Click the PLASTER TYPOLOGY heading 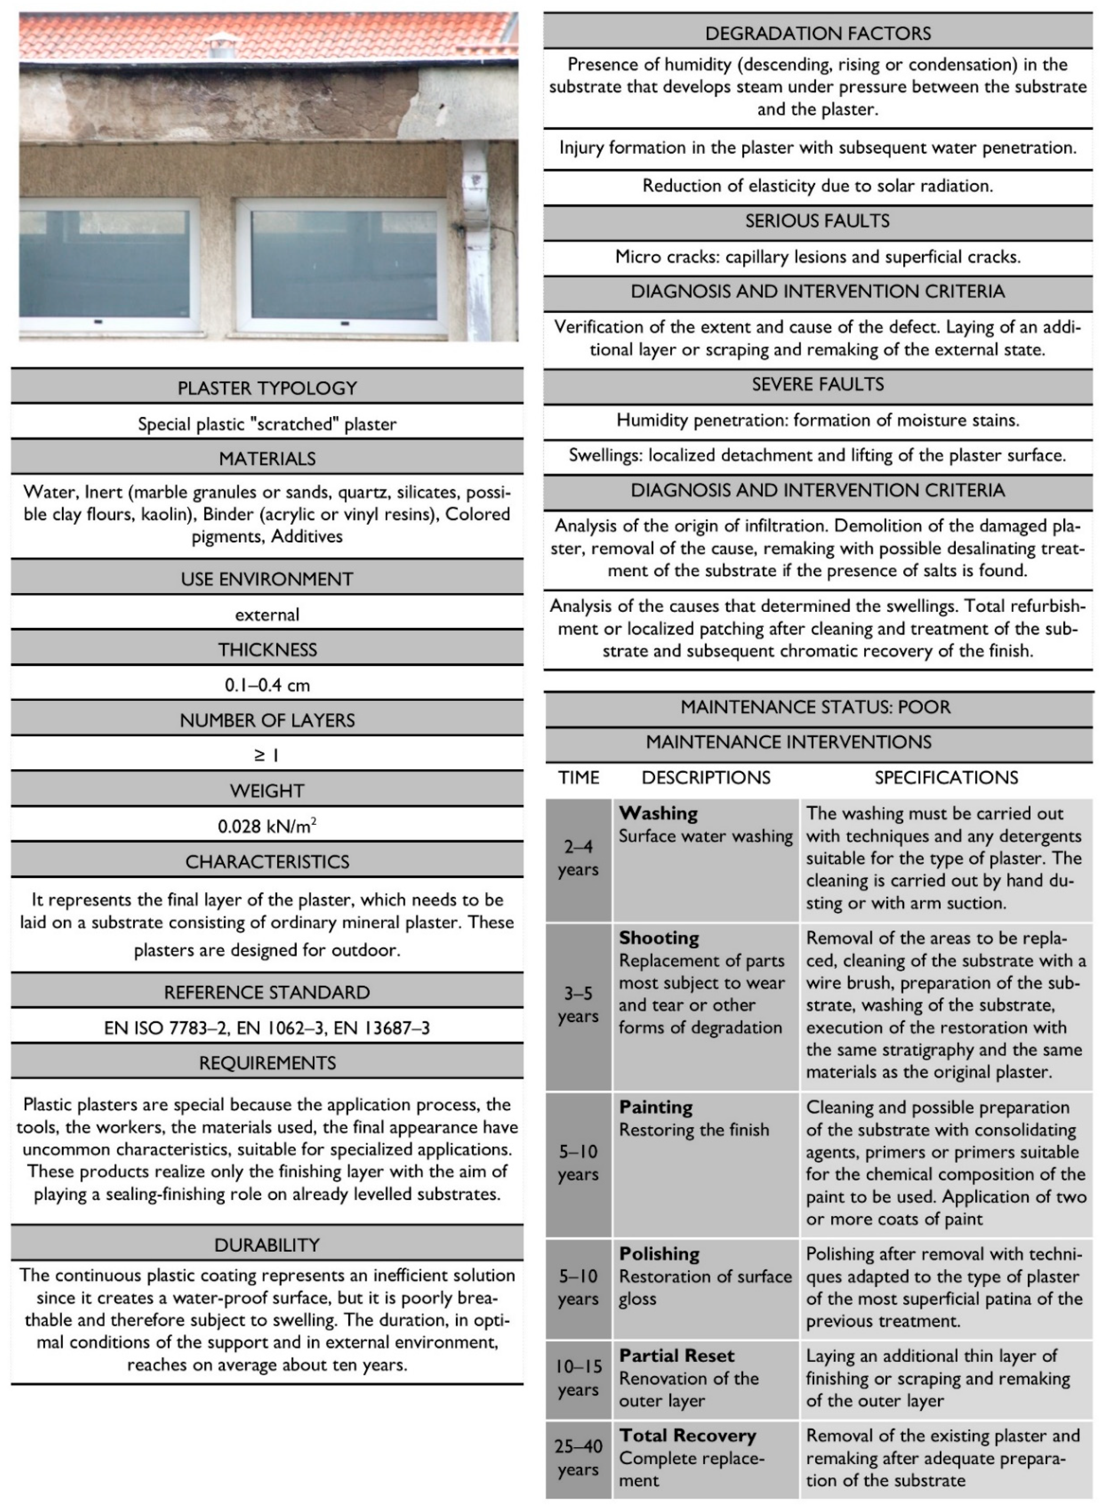pyautogui.click(x=267, y=388)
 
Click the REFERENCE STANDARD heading pyautogui.click(x=267, y=992)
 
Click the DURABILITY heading pyautogui.click(x=267, y=1244)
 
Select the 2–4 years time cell pyautogui.click(x=579, y=858)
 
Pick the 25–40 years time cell pyautogui.click(x=579, y=1458)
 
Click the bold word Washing pyautogui.click(x=658, y=813)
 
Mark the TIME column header pyautogui.click(x=579, y=778)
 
